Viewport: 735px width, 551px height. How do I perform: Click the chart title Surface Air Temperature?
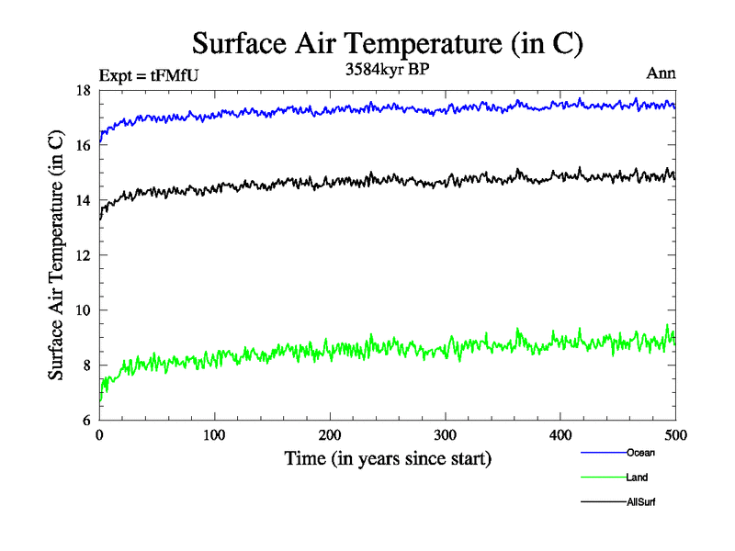387,43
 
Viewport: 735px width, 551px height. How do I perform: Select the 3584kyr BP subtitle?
387,70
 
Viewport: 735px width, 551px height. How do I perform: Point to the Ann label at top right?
661,73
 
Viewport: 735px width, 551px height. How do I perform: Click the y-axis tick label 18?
82,90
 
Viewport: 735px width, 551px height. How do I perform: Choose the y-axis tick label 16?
82,145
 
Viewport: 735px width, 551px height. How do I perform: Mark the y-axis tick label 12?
82,255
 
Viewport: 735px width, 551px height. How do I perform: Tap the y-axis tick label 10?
82,310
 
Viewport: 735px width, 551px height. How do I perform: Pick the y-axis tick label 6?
85,421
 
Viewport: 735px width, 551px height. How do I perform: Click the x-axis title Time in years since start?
387,458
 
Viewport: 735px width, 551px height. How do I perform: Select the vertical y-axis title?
56,255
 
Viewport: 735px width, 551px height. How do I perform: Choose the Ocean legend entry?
640,453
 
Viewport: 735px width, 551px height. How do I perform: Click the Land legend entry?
637,478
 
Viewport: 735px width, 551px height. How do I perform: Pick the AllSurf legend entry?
641,502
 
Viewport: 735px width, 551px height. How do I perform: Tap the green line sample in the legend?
603,478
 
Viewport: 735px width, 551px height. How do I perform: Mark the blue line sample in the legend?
603,453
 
